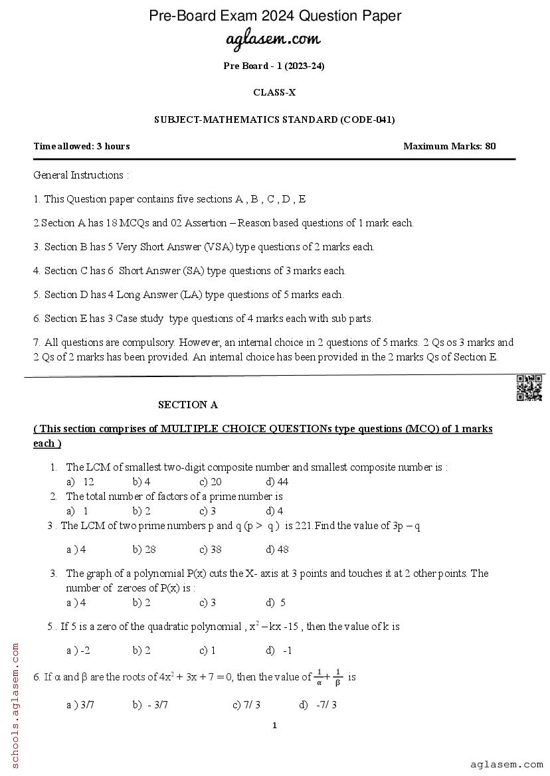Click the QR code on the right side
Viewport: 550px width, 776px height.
[x=529, y=388]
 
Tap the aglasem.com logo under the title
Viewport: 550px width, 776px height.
[x=274, y=39]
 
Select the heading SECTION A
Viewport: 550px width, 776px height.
[x=188, y=405]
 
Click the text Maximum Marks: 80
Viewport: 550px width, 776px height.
[x=449, y=147]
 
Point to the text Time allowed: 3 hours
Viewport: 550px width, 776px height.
[x=82, y=147]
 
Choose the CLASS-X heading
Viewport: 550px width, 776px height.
[x=274, y=93]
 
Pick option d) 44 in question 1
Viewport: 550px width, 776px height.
[x=277, y=482]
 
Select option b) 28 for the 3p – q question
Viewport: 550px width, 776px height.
[x=144, y=550]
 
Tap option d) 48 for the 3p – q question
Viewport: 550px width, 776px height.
[x=277, y=550]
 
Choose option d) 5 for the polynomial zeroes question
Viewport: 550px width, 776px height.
[x=276, y=603]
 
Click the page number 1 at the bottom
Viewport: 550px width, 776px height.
[x=274, y=726]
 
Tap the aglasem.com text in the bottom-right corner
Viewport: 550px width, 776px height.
[x=506, y=765]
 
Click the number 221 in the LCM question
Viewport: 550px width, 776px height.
[x=303, y=526]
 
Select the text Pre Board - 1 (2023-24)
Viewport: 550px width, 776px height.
[x=274, y=66]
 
